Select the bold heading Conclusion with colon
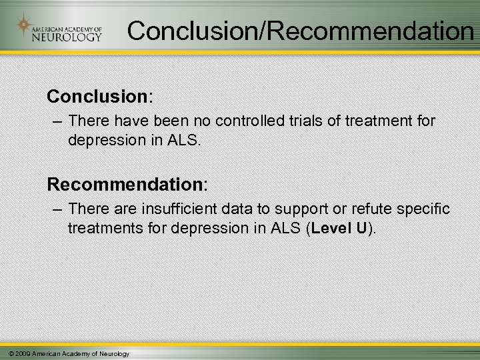click(x=100, y=97)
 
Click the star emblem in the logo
click(x=24, y=27)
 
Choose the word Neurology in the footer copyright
click(x=115, y=353)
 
